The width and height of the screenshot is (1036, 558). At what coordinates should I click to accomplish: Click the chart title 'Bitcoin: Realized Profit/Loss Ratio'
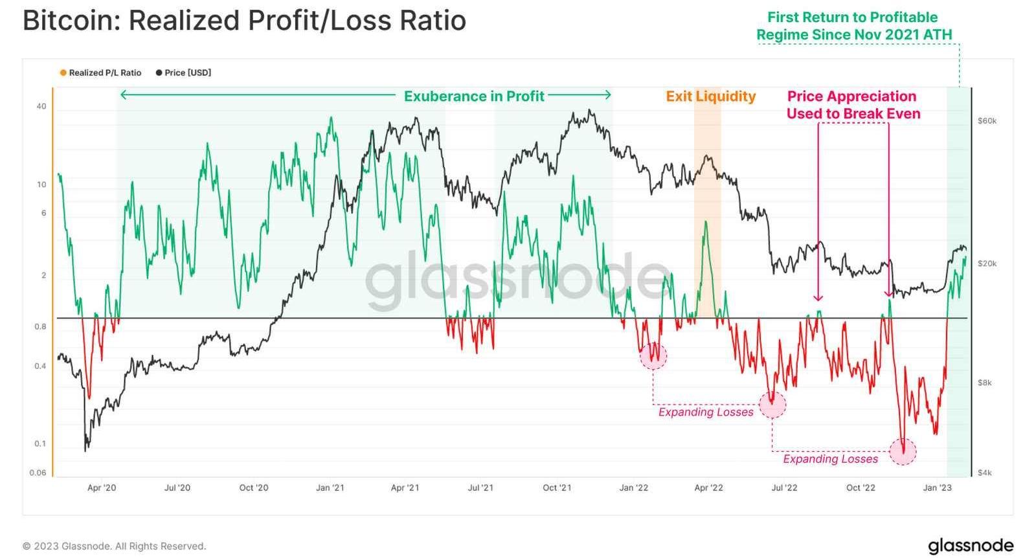tap(244, 21)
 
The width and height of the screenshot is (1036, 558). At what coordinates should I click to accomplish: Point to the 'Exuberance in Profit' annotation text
tap(474, 96)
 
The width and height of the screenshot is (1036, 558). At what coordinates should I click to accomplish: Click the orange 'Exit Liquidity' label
tap(711, 96)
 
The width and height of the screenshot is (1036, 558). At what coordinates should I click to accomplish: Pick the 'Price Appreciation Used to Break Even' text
tap(853, 105)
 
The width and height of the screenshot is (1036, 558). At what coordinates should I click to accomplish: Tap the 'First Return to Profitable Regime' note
tap(853, 26)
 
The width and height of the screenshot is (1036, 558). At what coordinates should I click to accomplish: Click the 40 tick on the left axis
tap(41, 106)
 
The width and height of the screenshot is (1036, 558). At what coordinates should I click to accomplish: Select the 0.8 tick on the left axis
tap(40, 326)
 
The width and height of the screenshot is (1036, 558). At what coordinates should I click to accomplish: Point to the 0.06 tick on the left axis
tap(38, 473)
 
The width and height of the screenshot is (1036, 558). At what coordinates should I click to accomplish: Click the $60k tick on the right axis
tap(987, 121)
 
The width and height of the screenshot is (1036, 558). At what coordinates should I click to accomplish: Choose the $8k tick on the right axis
tap(984, 383)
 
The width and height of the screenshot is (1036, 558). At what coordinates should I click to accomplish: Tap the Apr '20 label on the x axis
tap(102, 487)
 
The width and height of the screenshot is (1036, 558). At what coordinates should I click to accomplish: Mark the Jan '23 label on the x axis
tap(937, 487)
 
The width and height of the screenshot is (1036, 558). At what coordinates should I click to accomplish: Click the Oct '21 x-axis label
tap(557, 487)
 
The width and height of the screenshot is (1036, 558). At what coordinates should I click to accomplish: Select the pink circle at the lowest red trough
tap(903, 451)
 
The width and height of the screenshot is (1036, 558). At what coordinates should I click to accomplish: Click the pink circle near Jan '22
tap(653, 355)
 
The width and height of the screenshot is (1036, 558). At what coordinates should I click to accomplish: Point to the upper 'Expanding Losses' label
tap(706, 412)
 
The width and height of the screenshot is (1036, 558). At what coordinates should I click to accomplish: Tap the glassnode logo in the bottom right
tap(970, 546)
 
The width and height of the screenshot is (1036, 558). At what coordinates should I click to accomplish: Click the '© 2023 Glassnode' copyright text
tap(114, 546)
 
